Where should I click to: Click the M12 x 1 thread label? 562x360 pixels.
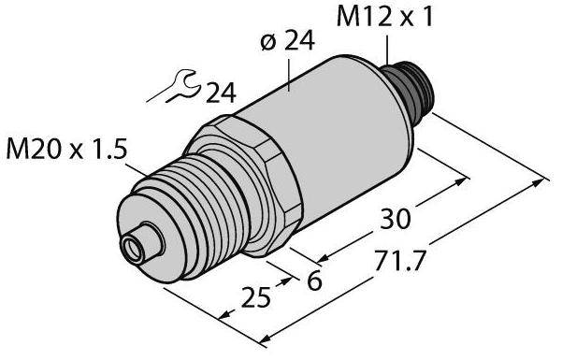[385, 17]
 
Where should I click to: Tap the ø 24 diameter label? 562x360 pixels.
[288, 40]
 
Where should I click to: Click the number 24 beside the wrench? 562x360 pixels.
[221, 94]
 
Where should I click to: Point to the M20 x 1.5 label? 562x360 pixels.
[67, 149]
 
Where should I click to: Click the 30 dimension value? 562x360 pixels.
[395, 219]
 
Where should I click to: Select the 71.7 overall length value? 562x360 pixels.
[399, 261]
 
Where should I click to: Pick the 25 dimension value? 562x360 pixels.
[255, 297]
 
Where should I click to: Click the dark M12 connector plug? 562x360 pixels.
[409, 87]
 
